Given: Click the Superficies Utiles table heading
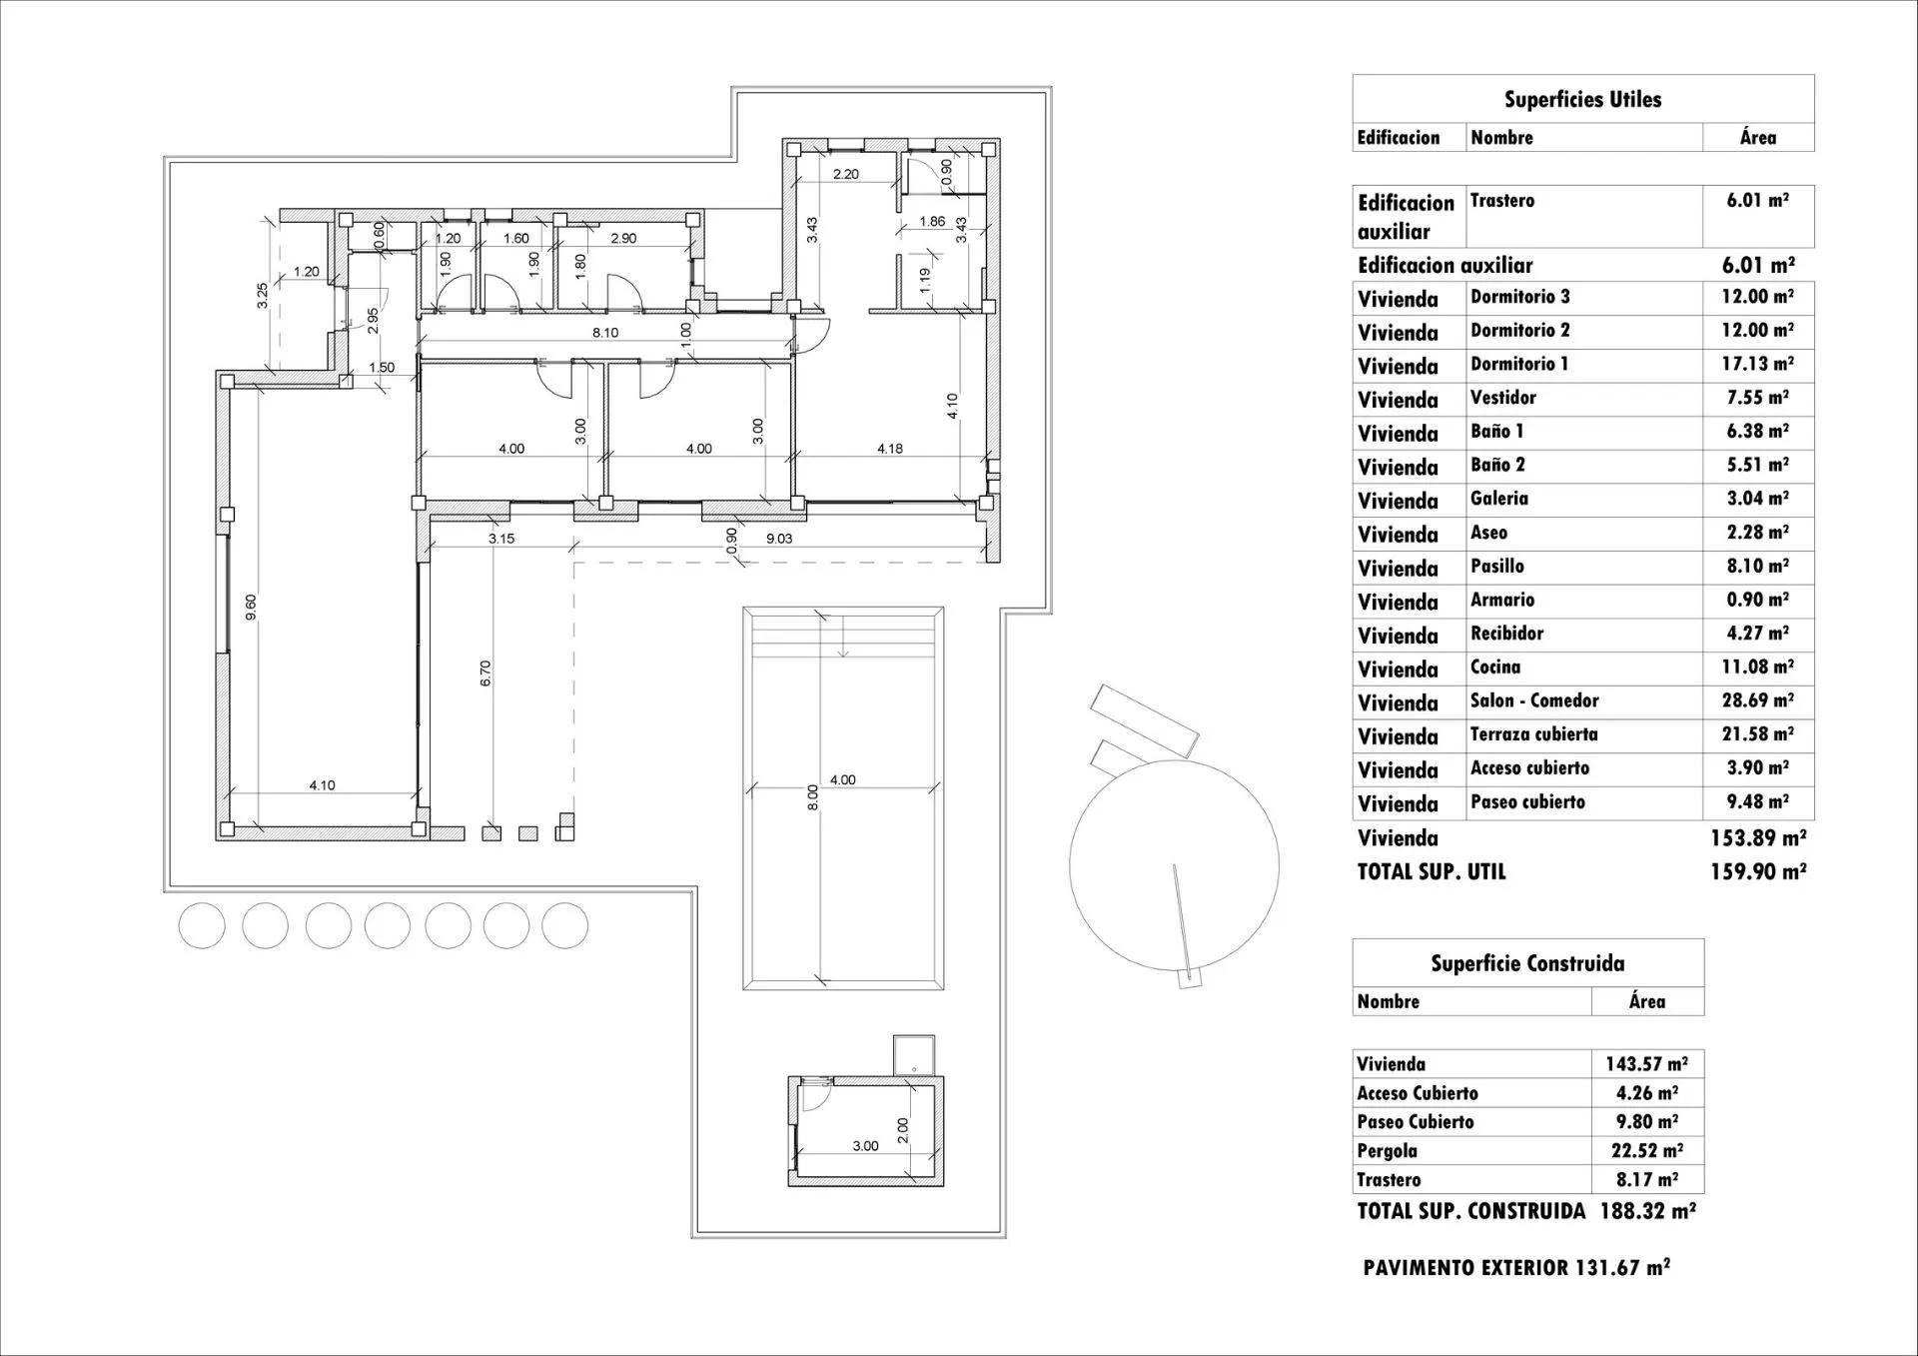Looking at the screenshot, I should pyautogui.click(x=1582, y=99).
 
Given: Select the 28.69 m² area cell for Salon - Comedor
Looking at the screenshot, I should pyautogui.click(x=1757, y=700).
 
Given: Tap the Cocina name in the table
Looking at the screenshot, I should pyautogui.click(x=1495, y=667).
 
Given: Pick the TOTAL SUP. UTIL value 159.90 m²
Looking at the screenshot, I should pyautogui.click(x=1757, y=871).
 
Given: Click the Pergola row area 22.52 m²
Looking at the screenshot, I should pyautogui.click(x=1646, y=1150).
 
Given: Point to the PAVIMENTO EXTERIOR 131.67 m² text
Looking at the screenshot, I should pyautogui.click(x=1515, y=1267).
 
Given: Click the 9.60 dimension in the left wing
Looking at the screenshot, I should pyautogui.click(x=251, y=607).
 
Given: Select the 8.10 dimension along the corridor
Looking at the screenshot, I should pyautogui.click(x=605, y=333).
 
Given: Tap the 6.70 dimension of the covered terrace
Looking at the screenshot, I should pyautogui.click(x=485, y=673).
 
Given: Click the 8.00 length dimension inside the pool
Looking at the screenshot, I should pyautogui.click(x=812, y=796).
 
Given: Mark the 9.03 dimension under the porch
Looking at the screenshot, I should pyautogui.click(x=779, y=539).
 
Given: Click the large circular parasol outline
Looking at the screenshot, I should pyautogui.click(x=1174, y=864).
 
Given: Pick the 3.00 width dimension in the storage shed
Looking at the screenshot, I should pyautogui.click(x=865, y=1146).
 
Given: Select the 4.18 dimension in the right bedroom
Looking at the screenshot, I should pyautogui.click(x=889, y=449).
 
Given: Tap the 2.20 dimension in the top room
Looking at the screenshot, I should pyautogui.click(x=845, y=174).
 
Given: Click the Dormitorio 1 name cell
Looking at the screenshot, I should pyautogui.click(x=1519, y=364).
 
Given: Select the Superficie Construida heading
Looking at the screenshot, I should pyautogui.click(x=1526, y=963).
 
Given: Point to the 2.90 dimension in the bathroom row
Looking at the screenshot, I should pyautogui.click(x=623, y=238).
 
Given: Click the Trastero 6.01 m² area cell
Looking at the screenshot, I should pyautogui.click(x=1757, y=200).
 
